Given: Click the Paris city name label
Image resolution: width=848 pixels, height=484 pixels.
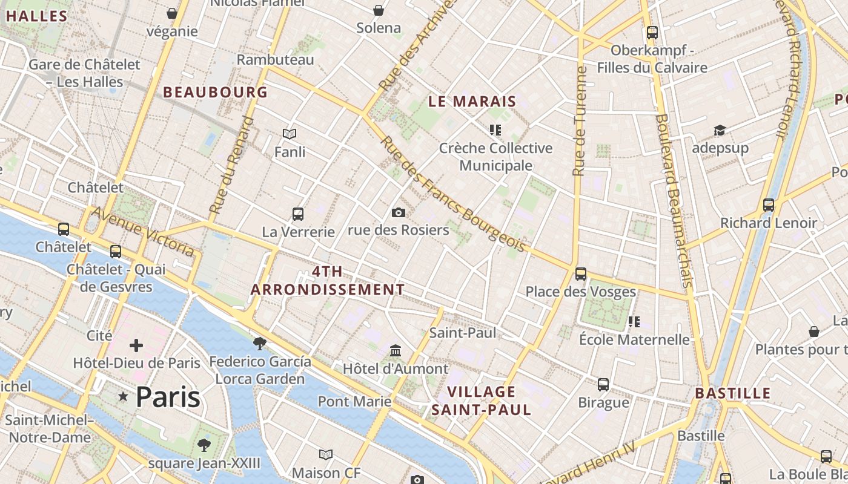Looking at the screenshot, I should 168,397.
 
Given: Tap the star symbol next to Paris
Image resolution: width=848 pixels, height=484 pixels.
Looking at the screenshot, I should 124,397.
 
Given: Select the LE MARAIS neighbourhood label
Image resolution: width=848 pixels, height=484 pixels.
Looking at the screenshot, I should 472,102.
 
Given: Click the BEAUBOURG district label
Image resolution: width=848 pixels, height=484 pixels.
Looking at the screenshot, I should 215,92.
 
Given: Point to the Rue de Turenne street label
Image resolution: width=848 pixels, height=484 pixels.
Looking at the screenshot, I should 580,121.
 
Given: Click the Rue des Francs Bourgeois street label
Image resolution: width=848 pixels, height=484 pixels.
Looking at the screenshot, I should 452,194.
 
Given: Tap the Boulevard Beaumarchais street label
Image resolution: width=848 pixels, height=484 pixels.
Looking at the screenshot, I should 674,200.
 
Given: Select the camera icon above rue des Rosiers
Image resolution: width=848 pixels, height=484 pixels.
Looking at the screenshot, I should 398,212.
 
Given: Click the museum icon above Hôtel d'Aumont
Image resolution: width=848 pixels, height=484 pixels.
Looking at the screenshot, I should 396,351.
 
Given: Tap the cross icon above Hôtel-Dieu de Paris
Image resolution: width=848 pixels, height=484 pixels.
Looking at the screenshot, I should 136,345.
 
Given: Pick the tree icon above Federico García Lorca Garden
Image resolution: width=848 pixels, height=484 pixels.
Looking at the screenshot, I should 260,344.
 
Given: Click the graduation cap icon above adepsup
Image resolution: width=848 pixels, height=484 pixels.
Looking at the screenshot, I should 720,131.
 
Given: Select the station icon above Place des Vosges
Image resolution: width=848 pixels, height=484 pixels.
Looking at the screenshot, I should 580,274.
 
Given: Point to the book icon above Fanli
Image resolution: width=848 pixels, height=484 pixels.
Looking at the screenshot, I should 290,134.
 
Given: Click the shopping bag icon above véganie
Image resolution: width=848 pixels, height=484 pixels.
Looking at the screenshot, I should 173,13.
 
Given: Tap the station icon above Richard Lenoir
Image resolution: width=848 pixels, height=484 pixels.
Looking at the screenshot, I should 768,205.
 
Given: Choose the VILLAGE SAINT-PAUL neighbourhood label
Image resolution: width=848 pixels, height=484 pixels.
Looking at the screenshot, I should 481,401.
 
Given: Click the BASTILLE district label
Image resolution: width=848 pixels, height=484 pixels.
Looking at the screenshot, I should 732,393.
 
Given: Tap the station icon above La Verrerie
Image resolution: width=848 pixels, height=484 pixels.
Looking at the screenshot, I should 297,214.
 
